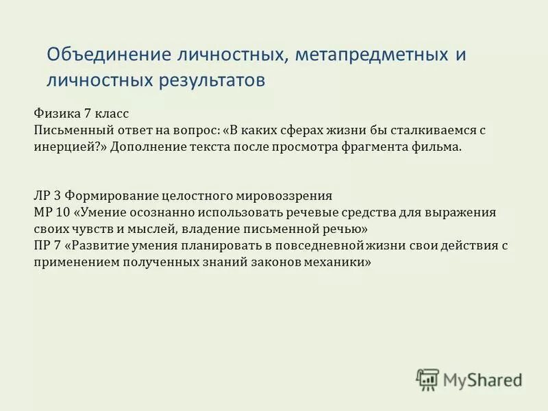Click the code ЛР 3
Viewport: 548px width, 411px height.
[x=47, y=195]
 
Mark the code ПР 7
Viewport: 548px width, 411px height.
[x=48, y=245]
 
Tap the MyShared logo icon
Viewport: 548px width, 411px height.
[x=427, y=379]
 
